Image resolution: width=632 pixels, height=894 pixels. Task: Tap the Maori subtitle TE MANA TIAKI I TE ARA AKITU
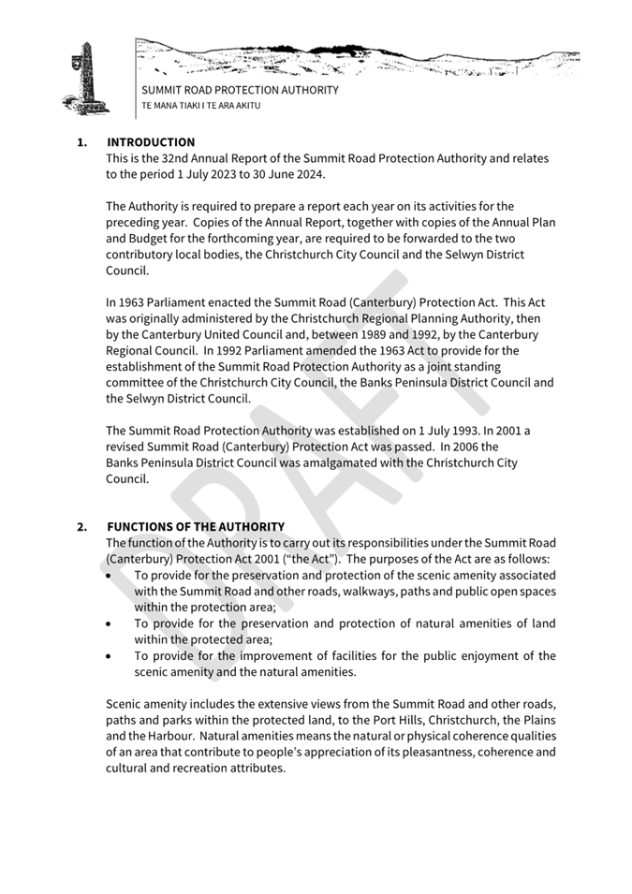click(200, 106)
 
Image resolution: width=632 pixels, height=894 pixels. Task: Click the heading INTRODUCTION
click(151, 142)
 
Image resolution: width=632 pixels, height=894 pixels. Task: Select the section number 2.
click(81, 527)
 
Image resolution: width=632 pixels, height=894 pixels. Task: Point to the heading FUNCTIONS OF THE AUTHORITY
click(196, 527)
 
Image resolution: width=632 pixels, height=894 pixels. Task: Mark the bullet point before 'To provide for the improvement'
click(112, 655)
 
